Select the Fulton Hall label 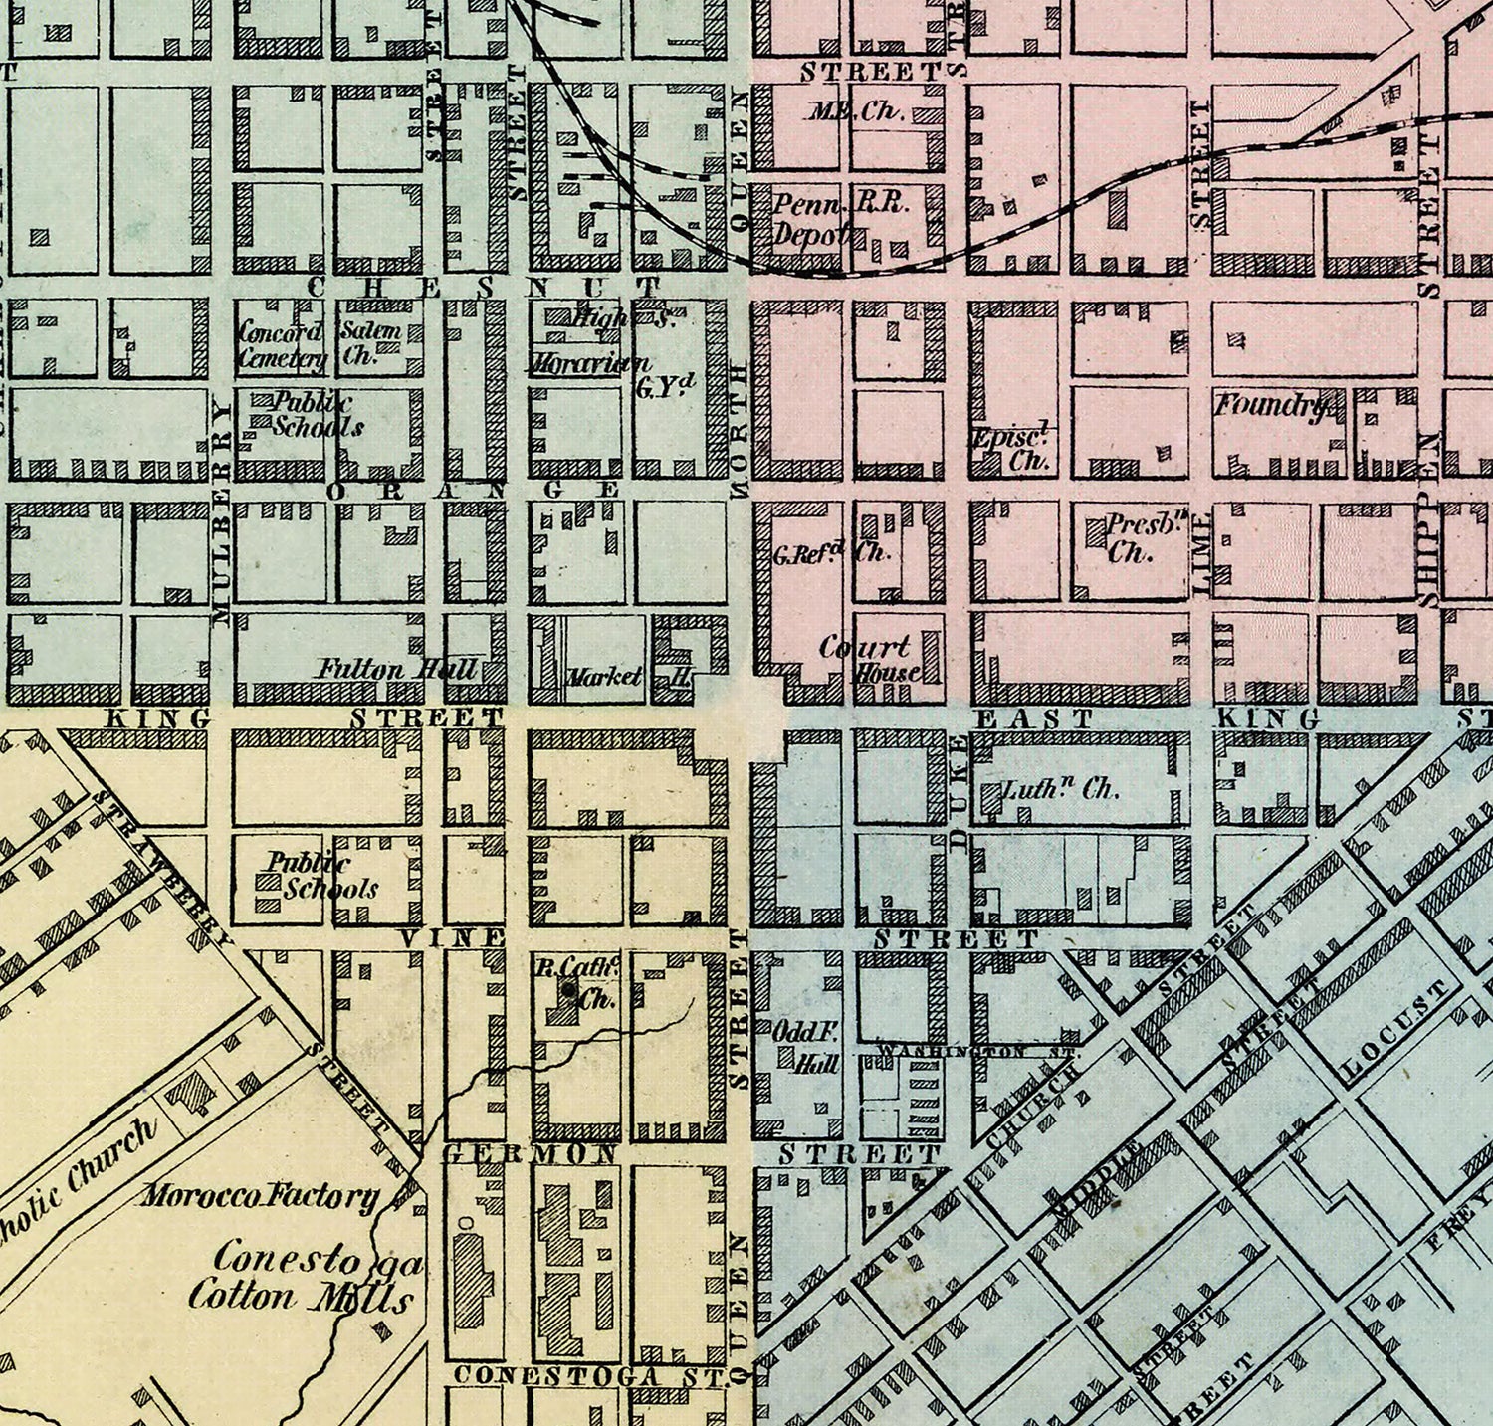tap(397, 668)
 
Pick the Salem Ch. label tap(369, 342)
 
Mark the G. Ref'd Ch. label tap(831, 554)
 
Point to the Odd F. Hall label tap(807, 1048)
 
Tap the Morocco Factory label tap(260, 1196)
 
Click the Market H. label tap(627, 677)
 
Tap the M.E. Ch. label tap(854, 111)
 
